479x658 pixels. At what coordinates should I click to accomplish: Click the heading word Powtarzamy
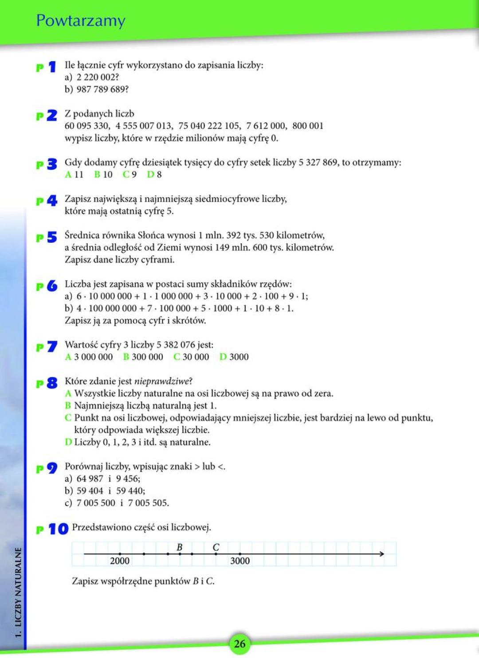coord(81,21)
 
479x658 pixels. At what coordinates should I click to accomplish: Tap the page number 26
coord(239,643)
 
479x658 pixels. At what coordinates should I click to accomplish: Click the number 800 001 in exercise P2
coord(308,126)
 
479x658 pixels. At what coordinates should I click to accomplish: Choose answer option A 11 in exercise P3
coord(75,175)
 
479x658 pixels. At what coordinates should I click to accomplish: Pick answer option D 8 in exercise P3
coord(154,175)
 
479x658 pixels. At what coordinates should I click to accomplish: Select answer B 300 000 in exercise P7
coord(143,357)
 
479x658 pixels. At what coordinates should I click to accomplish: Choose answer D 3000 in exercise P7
coord(234,357)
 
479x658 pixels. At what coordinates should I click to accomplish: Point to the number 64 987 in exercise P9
coord(90,479)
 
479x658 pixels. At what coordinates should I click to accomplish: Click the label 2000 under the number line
coord(120,561)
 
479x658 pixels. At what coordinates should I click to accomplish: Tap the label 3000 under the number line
coord(240,561)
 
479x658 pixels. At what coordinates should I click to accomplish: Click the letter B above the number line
coord(180,547)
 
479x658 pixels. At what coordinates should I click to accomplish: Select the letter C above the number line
coord(216,547)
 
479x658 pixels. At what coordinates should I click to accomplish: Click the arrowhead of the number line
coord(381,554)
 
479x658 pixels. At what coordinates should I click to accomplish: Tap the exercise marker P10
coord(52,529)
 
